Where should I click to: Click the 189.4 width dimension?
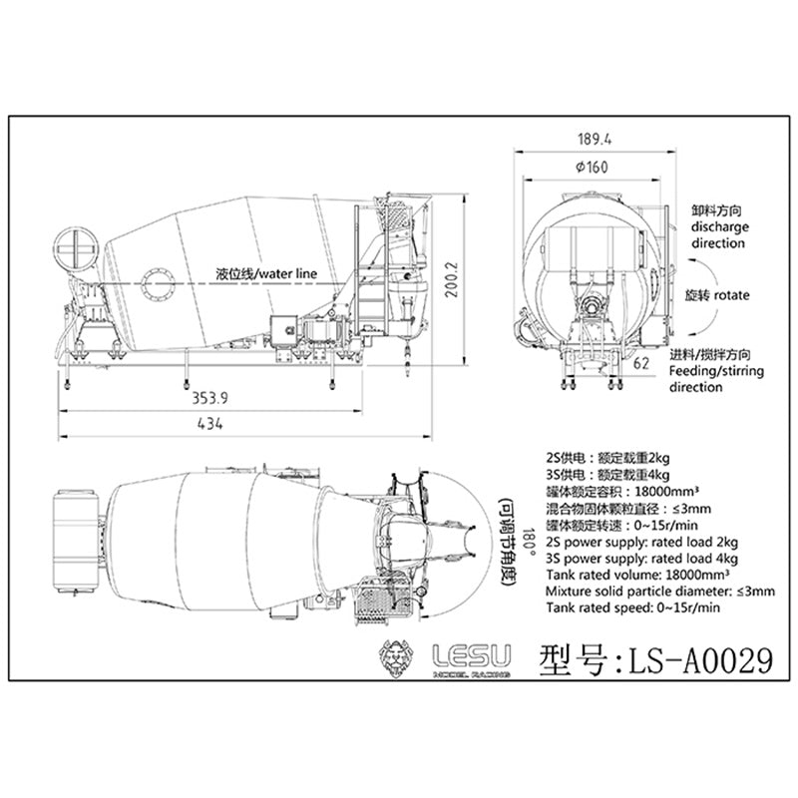[595, 139]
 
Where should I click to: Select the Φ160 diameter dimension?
[592, 167]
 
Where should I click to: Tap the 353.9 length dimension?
[209, 397]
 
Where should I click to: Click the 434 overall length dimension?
[209, 423]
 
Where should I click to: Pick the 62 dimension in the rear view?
[641, 363]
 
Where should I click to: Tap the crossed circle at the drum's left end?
[76, 249]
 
